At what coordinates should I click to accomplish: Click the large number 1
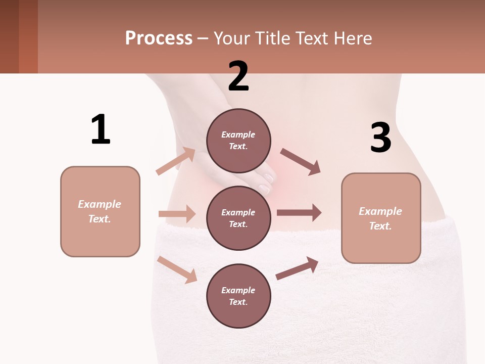pos(101,129)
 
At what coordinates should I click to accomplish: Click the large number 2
pos(238,76)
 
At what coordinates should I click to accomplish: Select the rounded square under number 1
pos(100,211)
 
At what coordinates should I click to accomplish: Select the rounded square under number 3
pos(381,218)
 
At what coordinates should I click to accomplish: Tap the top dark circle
pos(238,141)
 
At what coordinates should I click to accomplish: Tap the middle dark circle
pos(238,218)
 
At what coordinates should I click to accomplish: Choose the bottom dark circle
pos(238,296)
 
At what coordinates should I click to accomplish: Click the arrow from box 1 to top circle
pos(176,161)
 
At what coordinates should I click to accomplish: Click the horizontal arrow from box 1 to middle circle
pos(177,214)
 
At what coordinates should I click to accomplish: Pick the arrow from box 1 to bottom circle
pos(177,269)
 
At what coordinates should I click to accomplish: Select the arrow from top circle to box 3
pos(300,162)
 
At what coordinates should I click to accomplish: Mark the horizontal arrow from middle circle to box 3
pos(299,213)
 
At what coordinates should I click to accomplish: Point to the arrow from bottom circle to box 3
pos(297,268)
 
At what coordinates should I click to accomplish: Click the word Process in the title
pos(159,38)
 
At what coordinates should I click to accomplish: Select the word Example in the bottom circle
pos(238,290)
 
